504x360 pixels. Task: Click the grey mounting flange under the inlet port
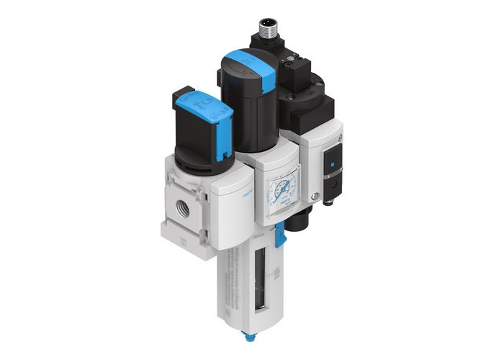point(189,241)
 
